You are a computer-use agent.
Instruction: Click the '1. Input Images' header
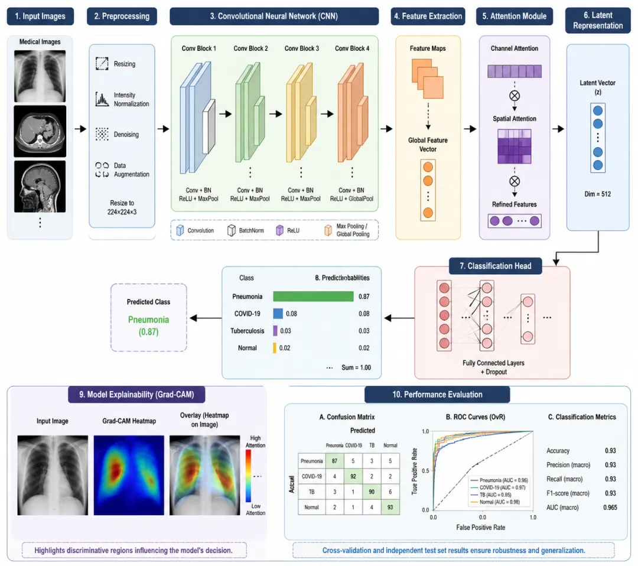40,16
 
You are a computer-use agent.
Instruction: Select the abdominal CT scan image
40,131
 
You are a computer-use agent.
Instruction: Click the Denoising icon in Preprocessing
102,135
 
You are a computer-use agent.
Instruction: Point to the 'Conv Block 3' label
302,48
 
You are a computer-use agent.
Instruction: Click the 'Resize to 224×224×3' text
122,208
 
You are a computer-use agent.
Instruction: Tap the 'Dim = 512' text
598,194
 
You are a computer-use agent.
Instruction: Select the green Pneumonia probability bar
313,297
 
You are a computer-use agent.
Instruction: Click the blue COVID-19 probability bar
278,314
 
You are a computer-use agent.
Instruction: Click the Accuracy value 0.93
610,451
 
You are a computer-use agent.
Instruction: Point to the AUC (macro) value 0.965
610,508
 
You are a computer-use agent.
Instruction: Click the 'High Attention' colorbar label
255,441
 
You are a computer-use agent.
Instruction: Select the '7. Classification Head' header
495,266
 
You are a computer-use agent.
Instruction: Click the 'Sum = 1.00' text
356,367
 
